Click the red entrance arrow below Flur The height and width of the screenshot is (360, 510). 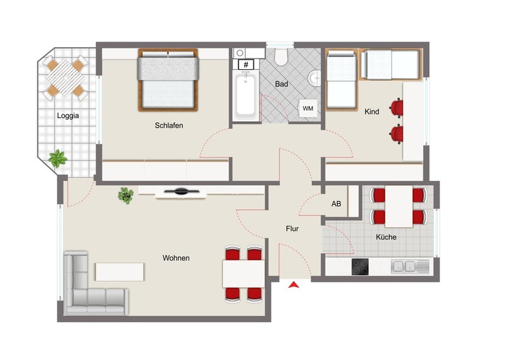(x=294, y=285)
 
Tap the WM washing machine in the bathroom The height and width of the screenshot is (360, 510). (x=308, y=109)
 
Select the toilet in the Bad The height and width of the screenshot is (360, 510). (x=281, y=57)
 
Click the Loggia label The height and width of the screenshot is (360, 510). (x=68, y=115)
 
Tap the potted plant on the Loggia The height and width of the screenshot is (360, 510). (x=58, y=158)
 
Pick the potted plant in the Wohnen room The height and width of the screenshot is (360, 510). (x=127, y=195)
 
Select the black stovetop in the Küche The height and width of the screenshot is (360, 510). (x=360, y=266)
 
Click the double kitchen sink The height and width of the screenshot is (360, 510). (x=405, y=266)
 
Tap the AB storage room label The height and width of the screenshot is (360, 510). (x=336, y=204)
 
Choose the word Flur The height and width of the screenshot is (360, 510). (x=292, y=229)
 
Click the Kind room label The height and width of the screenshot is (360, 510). (x=372, y=112)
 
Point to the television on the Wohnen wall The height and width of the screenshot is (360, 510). (x=181, y=191)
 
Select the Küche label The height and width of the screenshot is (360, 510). (x=386, y=237)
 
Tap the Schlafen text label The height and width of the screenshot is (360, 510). (x=169, y=125)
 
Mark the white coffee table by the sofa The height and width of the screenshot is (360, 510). (x=120, y=271)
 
